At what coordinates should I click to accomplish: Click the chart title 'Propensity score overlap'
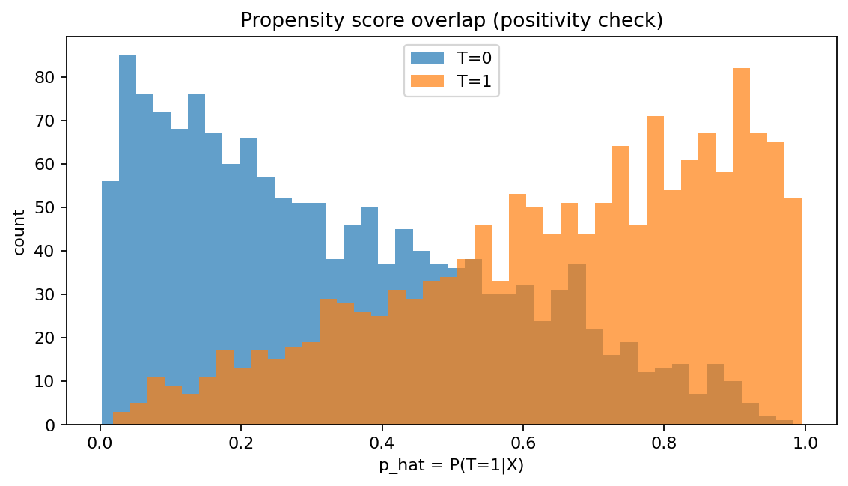[451, 21]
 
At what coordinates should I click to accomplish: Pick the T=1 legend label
[474, 82]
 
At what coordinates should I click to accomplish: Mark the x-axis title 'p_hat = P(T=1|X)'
[451, 465]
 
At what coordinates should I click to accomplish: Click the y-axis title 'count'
[20, 231]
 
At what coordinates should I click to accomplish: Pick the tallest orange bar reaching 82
[741, 247]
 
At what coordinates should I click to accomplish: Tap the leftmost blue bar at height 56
[110, 300]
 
